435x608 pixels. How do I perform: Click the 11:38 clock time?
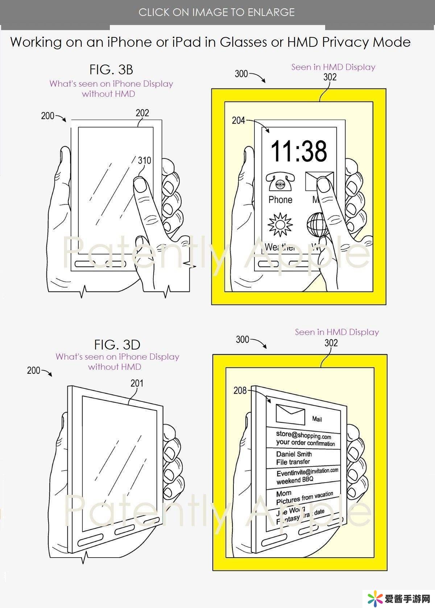coord(299,151)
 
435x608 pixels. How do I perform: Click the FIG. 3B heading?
coord(111,69)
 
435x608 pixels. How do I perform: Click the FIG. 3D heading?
coord(117,344)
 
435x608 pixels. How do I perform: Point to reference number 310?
coord(144,160)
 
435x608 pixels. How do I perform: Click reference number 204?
coord(239,120)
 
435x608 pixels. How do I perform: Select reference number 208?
coord(240,390)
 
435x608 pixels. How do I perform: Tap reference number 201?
coord(137,383)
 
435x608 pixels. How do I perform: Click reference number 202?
coord(142,113)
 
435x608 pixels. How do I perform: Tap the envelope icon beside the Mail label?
coord(290,414)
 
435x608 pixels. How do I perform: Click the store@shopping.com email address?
coord(304,435)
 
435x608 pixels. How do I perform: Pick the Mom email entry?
coord(284,493)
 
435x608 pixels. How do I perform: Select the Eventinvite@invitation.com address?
coord(307,472)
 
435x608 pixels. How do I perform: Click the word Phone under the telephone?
coord(280,200)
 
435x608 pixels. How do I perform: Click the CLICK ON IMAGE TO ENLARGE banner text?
coord(217,12)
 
